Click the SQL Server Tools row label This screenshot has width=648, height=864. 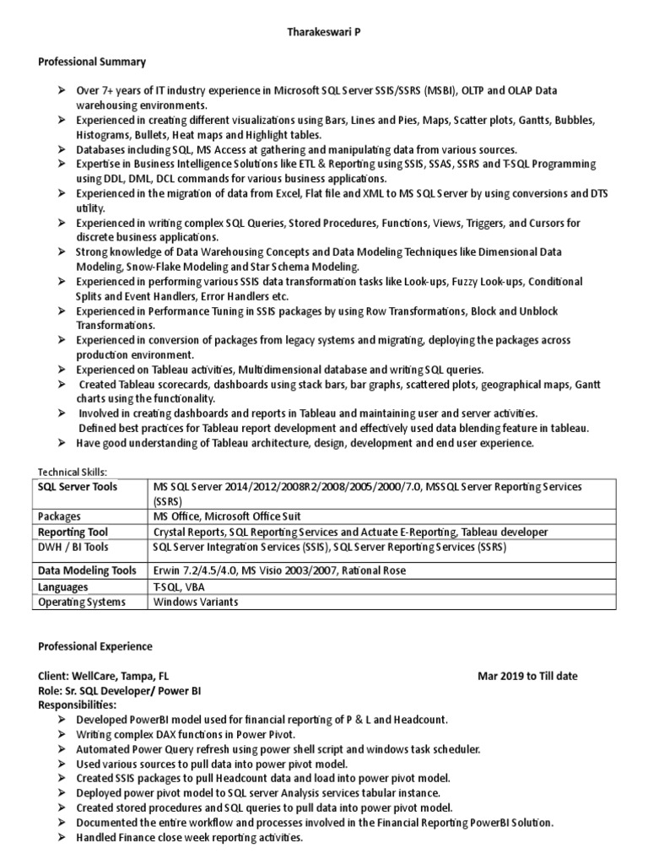(76, 488)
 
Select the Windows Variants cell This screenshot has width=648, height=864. (196, 602)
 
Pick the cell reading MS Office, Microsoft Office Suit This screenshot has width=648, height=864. (227, 516)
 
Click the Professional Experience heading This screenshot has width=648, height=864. (95, 647)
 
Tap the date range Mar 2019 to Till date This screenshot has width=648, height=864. (527, 677)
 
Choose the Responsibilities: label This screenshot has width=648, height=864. (78, 705)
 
